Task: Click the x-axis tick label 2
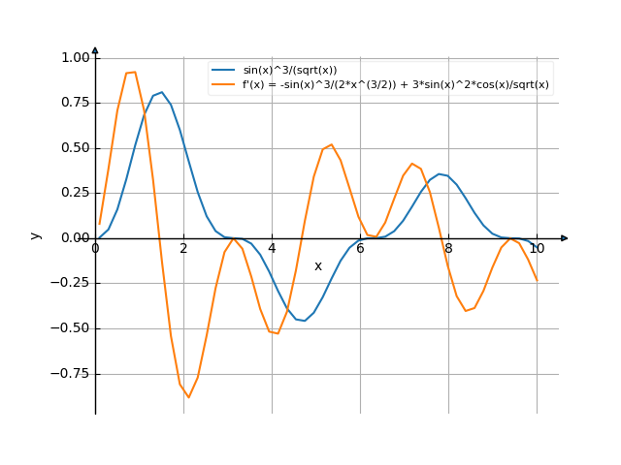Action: [183, 249]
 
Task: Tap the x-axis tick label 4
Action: [272, 249]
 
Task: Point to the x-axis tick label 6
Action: [360, 249]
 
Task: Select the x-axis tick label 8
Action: [448, 249]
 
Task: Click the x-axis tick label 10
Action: [537, 249]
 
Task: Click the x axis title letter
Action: [317, 265]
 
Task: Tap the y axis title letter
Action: [36, 235]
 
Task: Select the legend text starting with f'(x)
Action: [396, 84]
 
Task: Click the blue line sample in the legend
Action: [224, 71]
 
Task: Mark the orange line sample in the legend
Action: [224, 84]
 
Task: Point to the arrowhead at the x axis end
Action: [565, 238]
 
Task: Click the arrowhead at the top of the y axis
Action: [95, 49]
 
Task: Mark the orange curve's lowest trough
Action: [189, 397]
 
